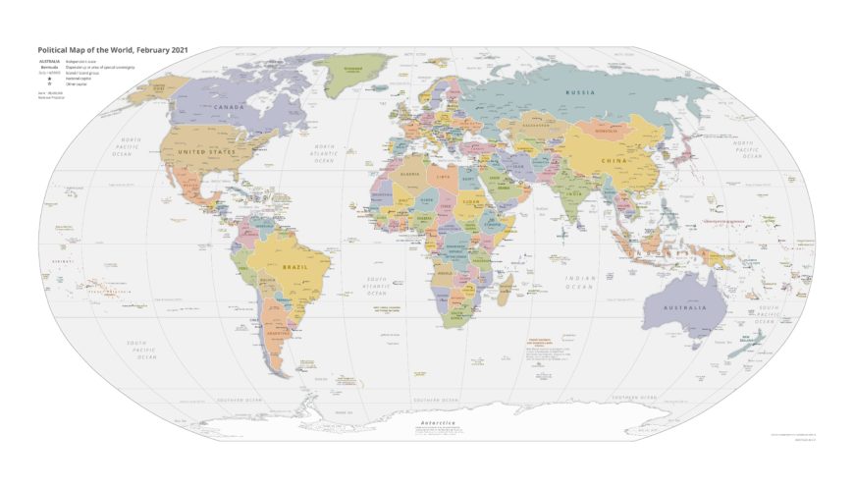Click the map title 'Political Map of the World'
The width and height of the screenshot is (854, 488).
[113, 49]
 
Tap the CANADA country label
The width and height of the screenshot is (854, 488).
[229, 106]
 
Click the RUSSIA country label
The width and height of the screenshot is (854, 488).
[580, 92]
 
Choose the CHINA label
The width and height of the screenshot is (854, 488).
[614, 158]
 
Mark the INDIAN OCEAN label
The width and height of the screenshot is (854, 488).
[580, 283]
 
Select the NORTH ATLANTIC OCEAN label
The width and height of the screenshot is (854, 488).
[324, 155]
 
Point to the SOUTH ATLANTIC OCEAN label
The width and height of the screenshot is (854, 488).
[377, 286]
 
